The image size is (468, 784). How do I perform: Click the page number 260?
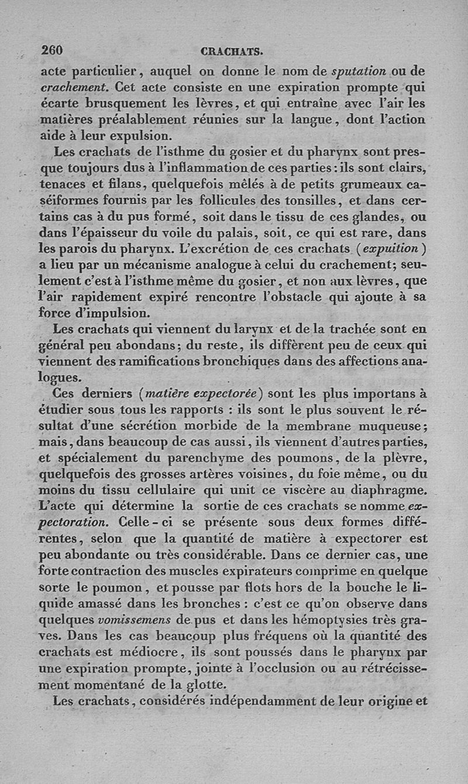(52, 50)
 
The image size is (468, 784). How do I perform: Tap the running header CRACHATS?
(231, 51)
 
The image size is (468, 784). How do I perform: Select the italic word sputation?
(359, 72)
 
